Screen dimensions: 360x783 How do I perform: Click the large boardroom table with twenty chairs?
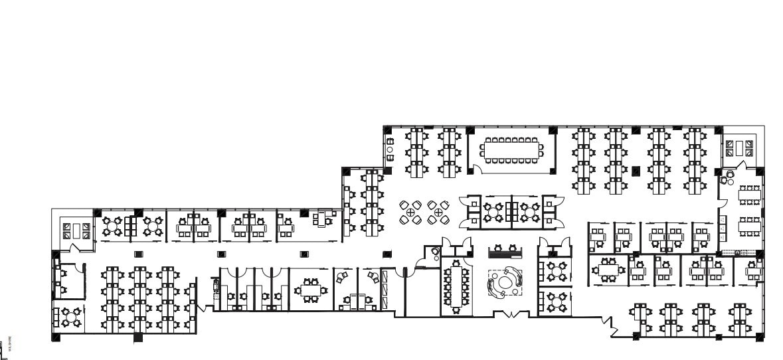(x=512, y=150)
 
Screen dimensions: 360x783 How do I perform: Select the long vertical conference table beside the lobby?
(x=456, y=286)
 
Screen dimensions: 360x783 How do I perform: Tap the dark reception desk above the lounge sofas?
(x=505, y=253)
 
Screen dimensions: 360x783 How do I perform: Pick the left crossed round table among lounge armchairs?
(x=411, y=213)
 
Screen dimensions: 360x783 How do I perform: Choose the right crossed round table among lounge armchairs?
(x=438, y=213)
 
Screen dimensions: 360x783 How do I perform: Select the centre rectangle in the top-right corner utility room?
(x=740, y=147)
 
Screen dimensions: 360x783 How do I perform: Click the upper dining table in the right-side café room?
(x=750, y=195)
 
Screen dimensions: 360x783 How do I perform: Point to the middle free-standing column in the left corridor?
(x=221, y=254)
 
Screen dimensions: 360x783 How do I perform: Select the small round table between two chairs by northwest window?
(x=390, y=150)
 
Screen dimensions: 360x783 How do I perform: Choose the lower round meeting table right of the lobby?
(x=555, y=302)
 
